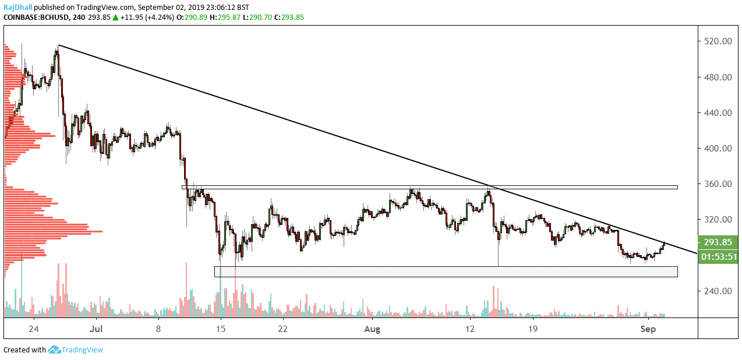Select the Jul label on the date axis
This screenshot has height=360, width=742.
point(97,329)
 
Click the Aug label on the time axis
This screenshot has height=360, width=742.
point(372,329)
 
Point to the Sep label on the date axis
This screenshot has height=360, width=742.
point(648,329)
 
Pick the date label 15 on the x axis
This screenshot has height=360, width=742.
point(221,329)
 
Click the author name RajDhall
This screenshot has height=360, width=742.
point(17,8)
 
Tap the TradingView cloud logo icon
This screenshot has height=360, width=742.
point(55,350)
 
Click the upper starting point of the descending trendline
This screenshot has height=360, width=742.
point(59,45)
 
